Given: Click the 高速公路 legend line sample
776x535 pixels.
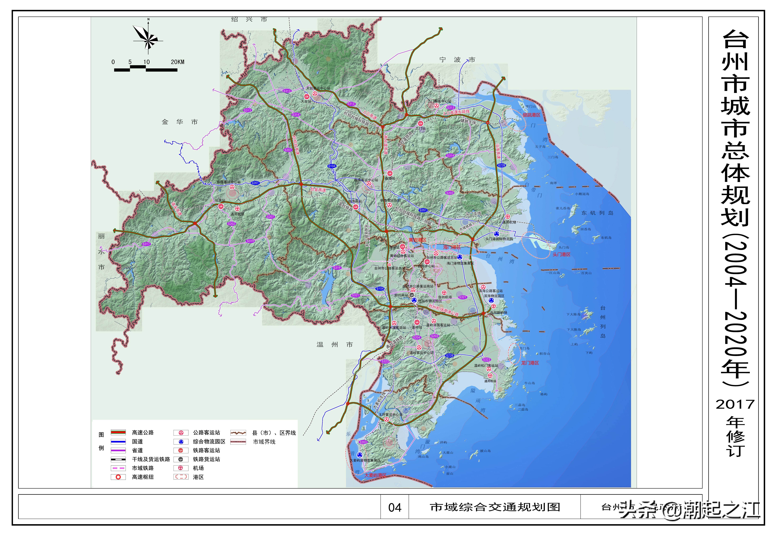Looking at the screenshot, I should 118,432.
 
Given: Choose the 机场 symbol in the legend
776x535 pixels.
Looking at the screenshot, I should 181,468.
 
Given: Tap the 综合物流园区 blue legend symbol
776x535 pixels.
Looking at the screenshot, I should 181,441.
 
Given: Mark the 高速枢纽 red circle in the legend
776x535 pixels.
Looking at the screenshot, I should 118,477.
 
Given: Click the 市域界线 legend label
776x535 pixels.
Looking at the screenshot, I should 264,442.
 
